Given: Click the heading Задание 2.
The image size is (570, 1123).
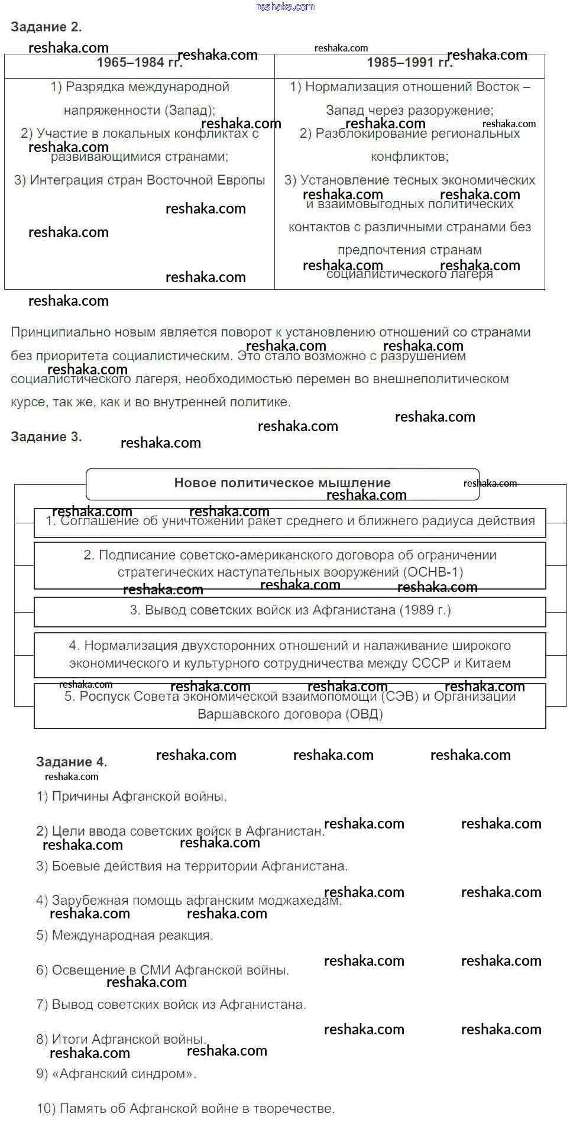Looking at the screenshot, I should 46,27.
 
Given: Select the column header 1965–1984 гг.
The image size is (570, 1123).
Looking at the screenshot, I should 140,63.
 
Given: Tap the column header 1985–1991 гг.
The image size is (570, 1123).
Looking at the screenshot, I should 409,63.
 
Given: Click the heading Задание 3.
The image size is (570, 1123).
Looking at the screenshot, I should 46,437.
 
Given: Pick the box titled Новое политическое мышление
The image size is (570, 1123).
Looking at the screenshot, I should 282,483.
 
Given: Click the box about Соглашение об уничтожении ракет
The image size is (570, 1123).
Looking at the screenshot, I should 290,522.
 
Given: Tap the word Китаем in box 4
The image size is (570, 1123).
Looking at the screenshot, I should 488,664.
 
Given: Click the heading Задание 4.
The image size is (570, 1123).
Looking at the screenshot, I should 72,762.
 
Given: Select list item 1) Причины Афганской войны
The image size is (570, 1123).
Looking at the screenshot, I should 132,797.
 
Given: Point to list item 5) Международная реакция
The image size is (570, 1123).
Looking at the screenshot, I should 125,936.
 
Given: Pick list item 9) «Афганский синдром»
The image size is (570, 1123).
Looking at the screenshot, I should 116,1074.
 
